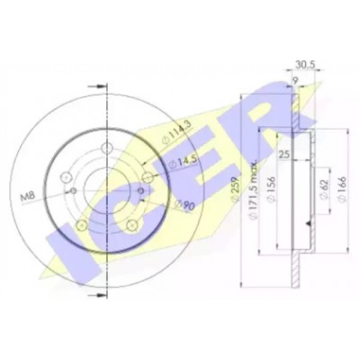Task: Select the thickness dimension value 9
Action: [295, 80]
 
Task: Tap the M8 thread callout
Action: [27, 197]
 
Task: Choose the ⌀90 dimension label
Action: [184, 205]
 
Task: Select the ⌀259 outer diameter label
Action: [236, 188]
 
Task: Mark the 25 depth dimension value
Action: [283, 155]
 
